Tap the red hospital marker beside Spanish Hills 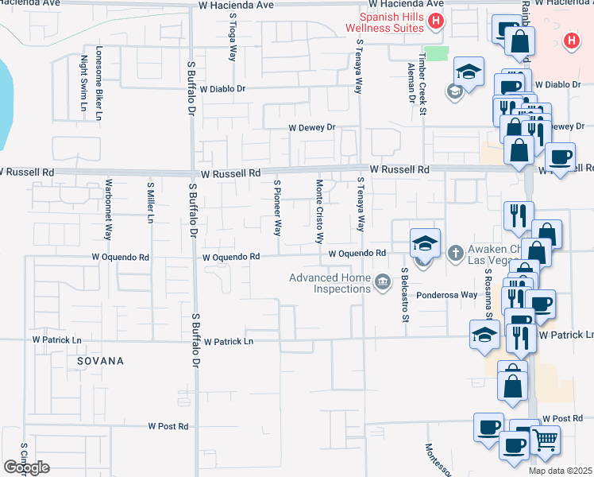click(435, 21)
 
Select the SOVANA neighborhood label click(101, 361)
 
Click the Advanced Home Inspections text click(330, 283)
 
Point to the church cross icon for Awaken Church click(455, 254)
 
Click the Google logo click(26, 467)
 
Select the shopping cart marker click(545, 439)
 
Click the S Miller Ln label click(149, 202)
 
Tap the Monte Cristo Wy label click(319, 211)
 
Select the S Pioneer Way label click(277, 208)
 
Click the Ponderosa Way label click(449, 294)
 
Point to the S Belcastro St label click(404, 295)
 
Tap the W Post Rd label click(168, 426)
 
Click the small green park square click(437, 53)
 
